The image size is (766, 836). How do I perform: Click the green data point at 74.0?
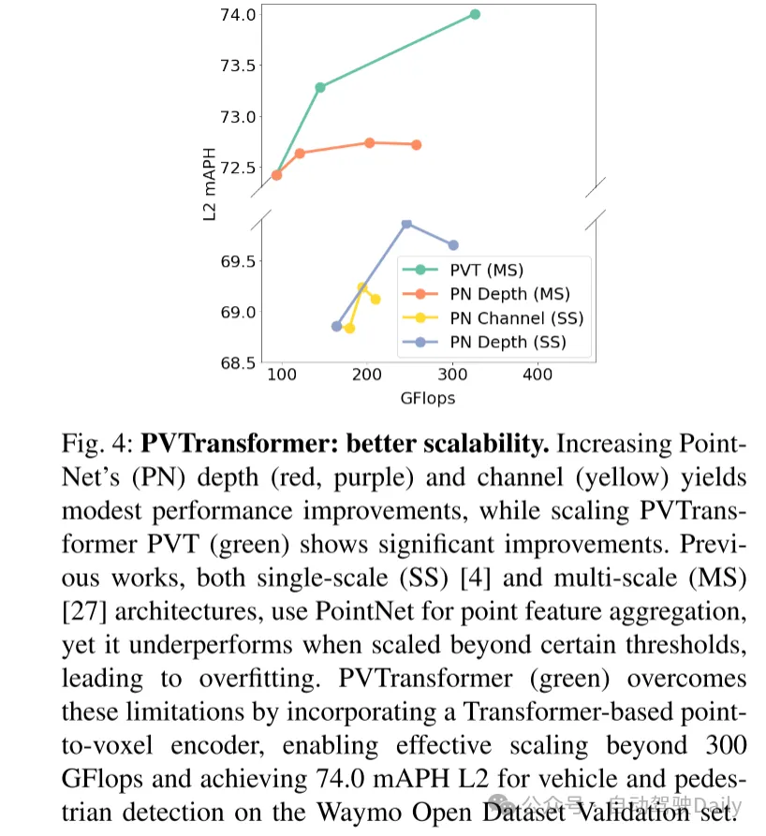(x=475, y=14)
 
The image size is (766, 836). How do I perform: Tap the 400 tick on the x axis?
(x=538, y=375)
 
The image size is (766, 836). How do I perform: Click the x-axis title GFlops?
(x=427, y=398)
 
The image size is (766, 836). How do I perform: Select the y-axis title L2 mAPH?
(x=211, y=183)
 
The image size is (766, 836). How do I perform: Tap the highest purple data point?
(x=406, y=224)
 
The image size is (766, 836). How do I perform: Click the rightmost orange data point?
(x=416, y=144)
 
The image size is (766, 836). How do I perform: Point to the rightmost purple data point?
(x=453, y=245)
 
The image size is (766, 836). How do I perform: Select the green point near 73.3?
(x=320, y=87)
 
